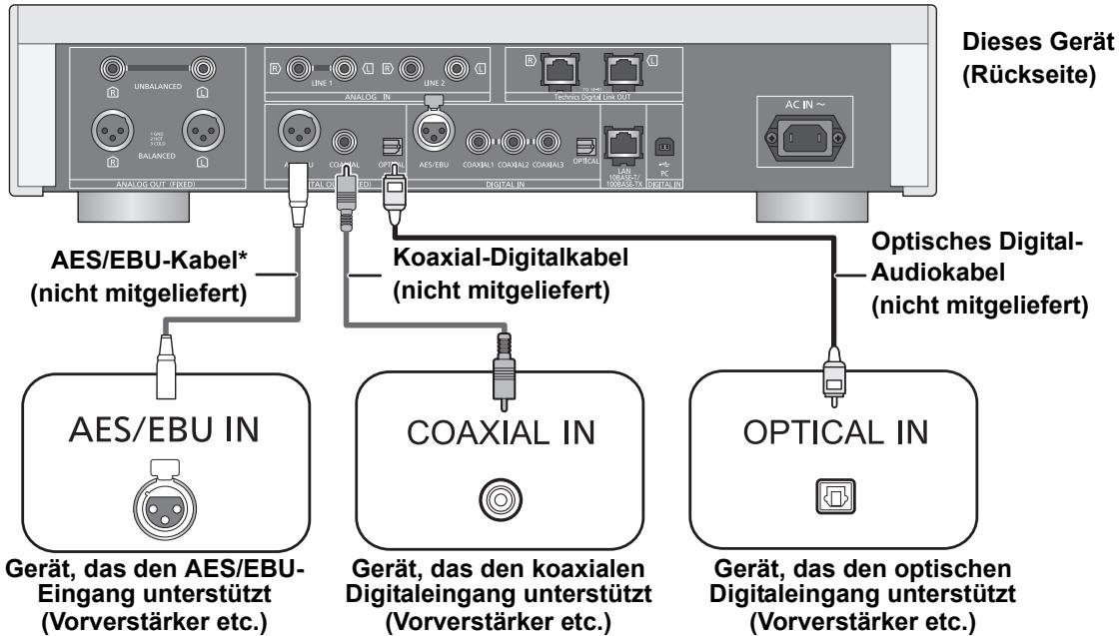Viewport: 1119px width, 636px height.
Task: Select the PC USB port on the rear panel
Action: click(663, 145)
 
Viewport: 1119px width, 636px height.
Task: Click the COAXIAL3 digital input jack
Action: click(549, 143)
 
